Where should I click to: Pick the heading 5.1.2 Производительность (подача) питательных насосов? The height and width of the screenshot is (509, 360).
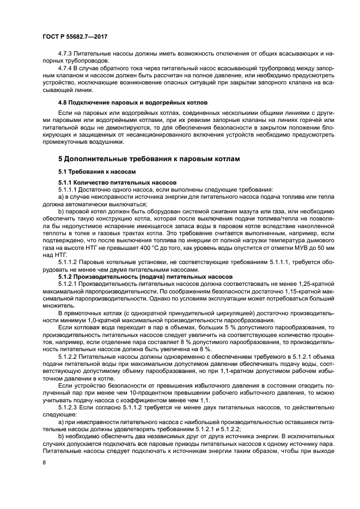(145, 277)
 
